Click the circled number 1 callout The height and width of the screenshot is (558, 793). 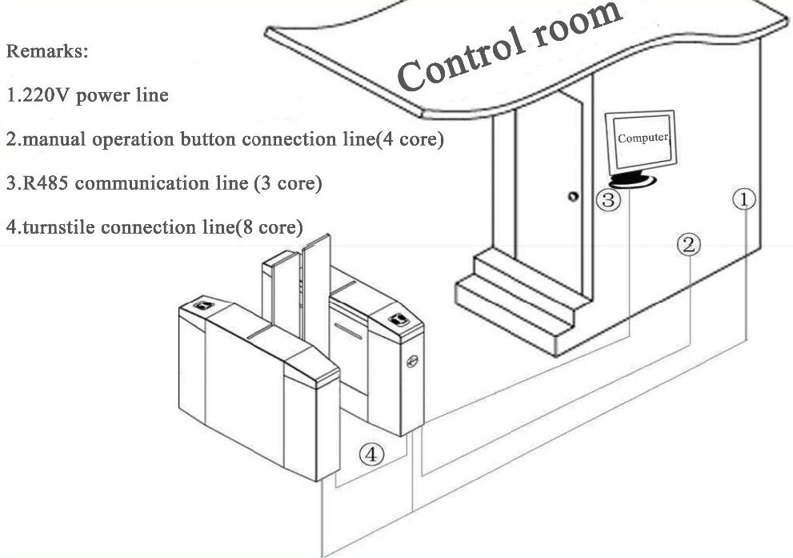(744, 200)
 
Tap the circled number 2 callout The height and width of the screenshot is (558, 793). (689, 245)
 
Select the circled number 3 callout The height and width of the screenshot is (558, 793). (608, 200)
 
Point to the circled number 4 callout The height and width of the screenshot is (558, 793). (371, 454)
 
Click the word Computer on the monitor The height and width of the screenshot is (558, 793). (643, 138)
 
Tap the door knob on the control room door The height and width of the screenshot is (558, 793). (573, 196)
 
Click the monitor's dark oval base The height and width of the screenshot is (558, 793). (632, 180)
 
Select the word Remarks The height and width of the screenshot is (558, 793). (47, 51)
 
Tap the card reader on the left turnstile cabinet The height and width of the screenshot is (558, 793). (203, 305)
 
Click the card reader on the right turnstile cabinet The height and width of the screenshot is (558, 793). (399, 319)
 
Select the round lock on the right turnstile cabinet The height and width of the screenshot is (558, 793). (412, 361)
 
